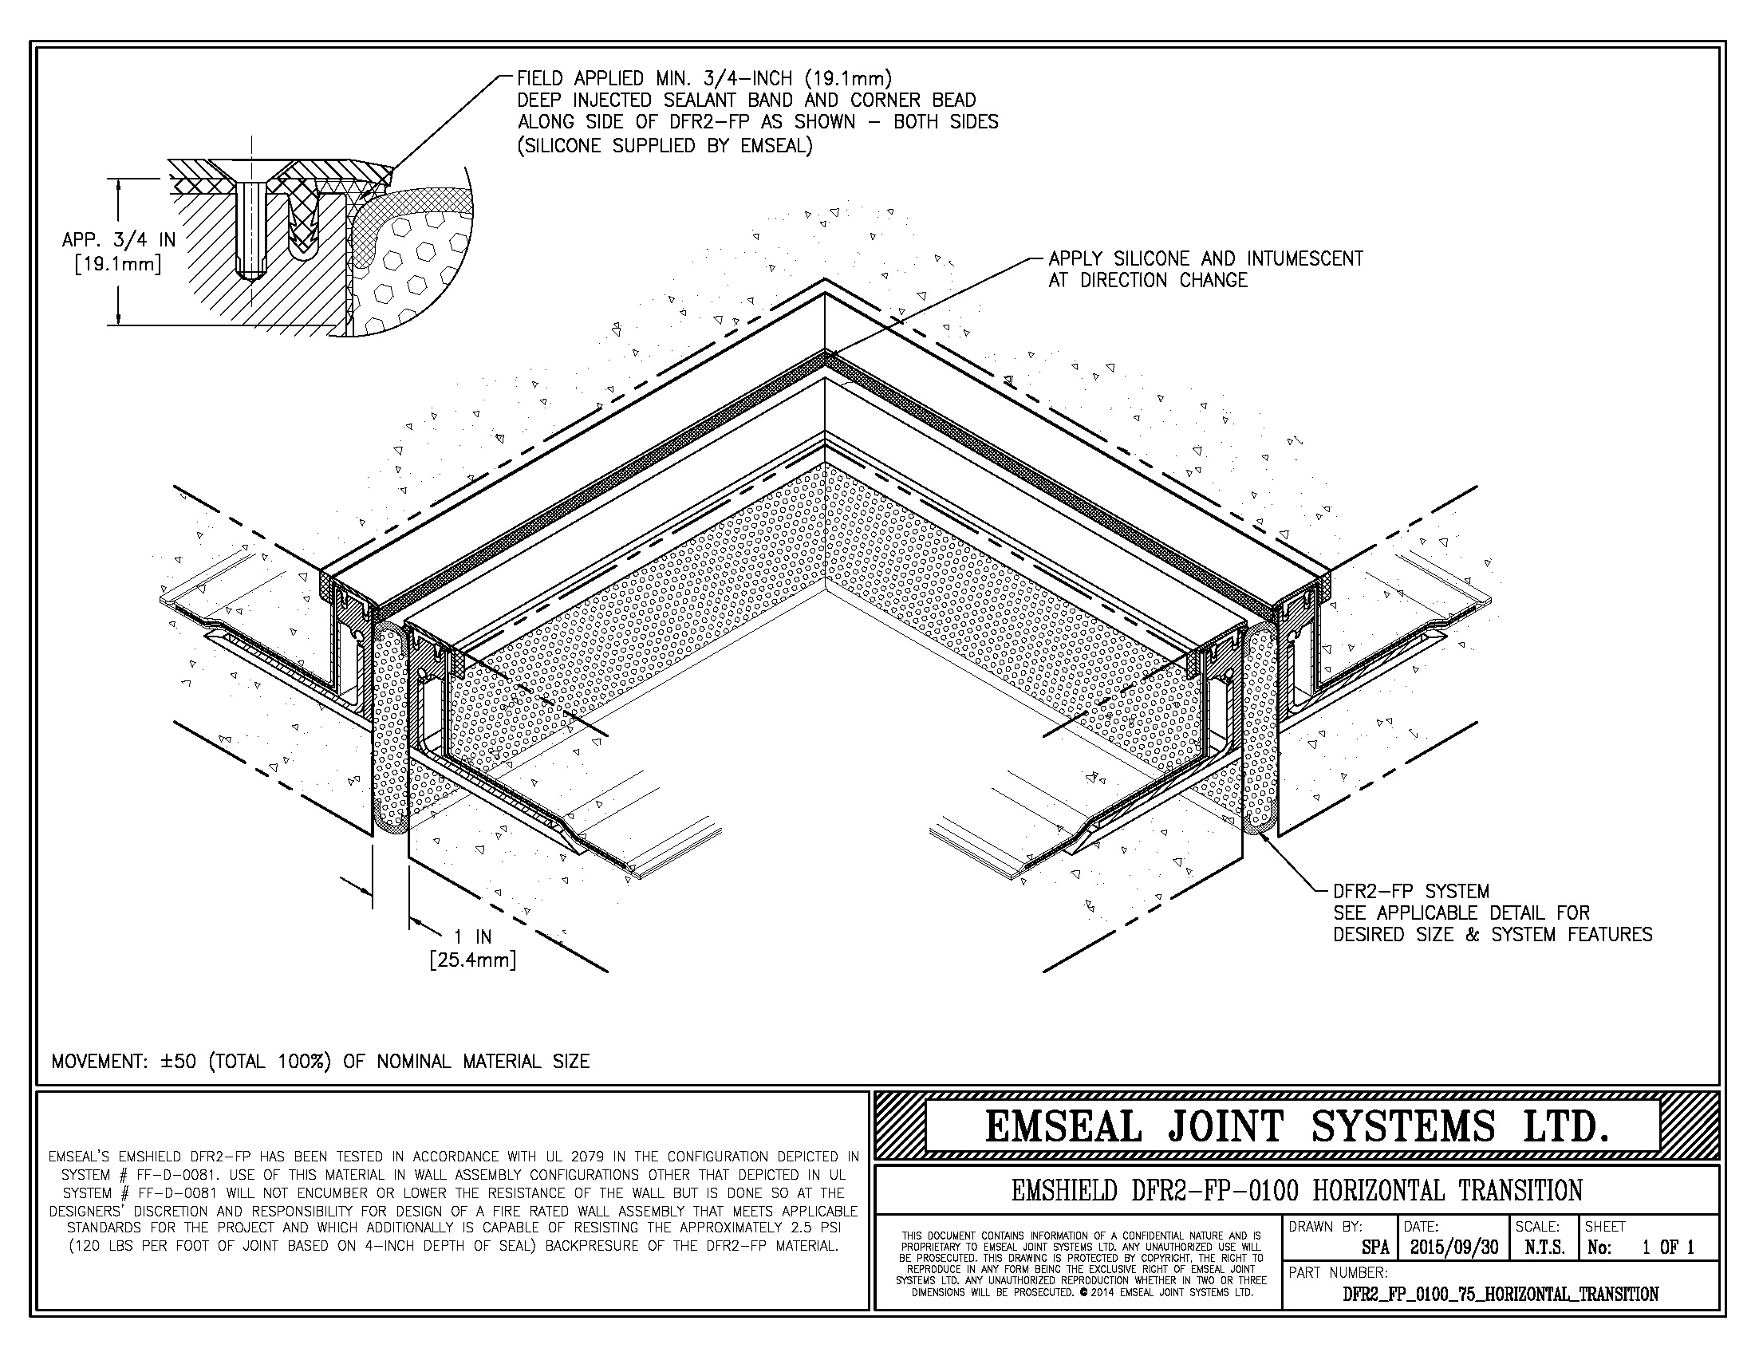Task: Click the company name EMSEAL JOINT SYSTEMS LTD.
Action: pyautogui.click(x=1297, y=1125)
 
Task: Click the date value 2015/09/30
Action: pyautogui.click(x=1453, y=1248)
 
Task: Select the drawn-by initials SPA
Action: pyautogui.click(x=1375, y=1248)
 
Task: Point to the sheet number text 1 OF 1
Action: pyautogui.click(x=1668, y=1248)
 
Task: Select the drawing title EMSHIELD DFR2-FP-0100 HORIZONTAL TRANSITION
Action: pyautogui.click(x=1297, y=1190)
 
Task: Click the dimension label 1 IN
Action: pyautogui.click(x=473, y=936)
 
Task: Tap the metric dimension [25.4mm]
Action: pyautogui.click(x=472, y=959)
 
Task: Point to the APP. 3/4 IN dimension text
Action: pyautogui.click(x=118, y=239)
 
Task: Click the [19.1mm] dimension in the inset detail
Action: pyautogui.click(x=118, y=263)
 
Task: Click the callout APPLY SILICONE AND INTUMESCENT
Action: pyautogui.click(x=1205, y=258)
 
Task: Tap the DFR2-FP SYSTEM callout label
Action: pyautogui.click(x=1411, y=891)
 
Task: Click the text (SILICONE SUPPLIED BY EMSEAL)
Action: pyautogui.click(x=665, y=146)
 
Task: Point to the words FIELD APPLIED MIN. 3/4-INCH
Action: pyautogui.click(x=654, y=79)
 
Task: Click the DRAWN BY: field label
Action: pyautogui.click(x=1325, y=1227)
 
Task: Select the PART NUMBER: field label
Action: pyautogui.click(x=1338, y=1272)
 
